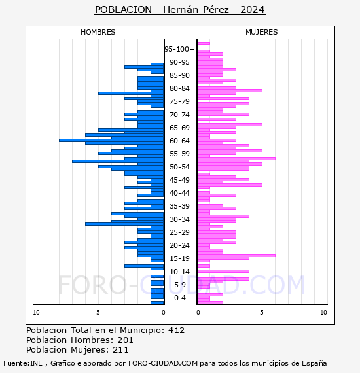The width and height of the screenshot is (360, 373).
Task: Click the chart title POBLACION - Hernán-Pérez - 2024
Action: coord(180,10)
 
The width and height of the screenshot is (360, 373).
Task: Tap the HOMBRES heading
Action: coord(98,32)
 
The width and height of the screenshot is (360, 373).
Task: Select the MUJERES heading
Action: coord(262,32)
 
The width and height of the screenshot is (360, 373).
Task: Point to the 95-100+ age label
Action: coord(179,49)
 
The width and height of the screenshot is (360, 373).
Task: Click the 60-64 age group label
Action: coord(179,141)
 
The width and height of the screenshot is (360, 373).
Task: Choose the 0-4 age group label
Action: coord(179,298)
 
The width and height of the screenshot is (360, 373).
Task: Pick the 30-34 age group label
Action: coord(179,219)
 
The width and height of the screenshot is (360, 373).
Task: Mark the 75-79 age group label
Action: coord(179,101)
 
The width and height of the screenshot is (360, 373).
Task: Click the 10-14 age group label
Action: coord(179,272)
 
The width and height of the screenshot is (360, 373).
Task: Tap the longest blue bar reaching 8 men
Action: coord(111,140)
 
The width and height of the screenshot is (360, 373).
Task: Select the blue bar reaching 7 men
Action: coord(118,161)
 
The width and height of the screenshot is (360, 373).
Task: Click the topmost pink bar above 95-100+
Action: coord(204,44)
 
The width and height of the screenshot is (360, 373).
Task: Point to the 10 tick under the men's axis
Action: coord(36,313)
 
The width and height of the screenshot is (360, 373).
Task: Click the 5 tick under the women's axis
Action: coord(262,313)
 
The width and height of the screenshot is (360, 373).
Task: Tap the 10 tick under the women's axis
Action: coord(323,313)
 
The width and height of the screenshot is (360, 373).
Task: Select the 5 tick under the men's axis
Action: coord(98,313)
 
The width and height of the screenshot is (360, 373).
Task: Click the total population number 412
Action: coord(176,330)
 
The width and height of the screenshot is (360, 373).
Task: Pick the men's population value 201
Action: coord(125,340)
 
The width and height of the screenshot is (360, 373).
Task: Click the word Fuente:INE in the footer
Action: coord(23,363)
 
